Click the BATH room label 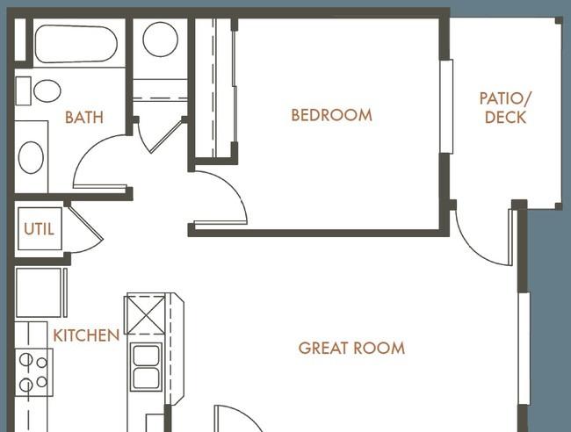(x=84, y=117)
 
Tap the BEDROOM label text (x=332, y=115)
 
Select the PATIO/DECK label (x=505, y=108)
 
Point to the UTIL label (x=39, y=229)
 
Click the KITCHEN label (x=86, y=335)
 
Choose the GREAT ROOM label (x=351, y=348)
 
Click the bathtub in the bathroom (x=76, y=44)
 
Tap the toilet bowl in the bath (x=47, y=90)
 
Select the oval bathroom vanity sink (x=31, y=157)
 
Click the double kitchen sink (x=146, y=366)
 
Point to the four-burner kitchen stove (x=34, y=372)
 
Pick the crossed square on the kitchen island (x=145, y=315)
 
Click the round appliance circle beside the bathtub (x=160, y=40)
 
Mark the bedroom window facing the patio (x=446, y=106)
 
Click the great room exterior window (x=524, y=349)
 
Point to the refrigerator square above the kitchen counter (x=39, y=292)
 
